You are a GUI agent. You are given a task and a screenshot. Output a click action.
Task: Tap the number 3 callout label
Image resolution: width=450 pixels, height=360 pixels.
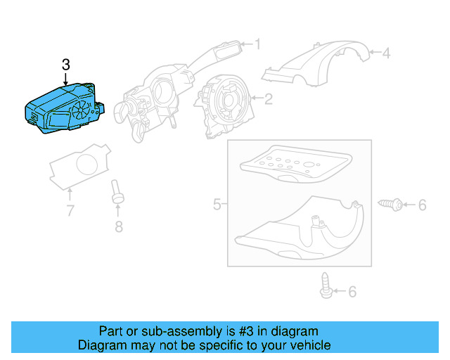[66, 65]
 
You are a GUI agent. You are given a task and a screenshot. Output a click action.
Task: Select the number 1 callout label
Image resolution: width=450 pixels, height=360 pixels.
[257, 45]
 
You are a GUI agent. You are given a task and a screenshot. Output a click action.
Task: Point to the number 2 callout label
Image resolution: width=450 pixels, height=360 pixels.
[268, 98]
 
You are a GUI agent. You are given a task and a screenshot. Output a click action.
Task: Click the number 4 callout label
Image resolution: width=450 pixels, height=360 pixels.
[385, 52]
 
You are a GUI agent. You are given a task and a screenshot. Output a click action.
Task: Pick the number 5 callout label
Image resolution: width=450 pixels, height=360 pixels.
[217, 205]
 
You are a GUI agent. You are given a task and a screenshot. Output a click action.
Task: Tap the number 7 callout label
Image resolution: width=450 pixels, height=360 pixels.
[70, 210]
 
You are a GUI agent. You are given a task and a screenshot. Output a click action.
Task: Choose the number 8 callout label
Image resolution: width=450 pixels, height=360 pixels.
[118, 226]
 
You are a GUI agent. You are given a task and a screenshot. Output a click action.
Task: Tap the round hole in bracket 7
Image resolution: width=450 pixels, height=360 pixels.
[88, 167]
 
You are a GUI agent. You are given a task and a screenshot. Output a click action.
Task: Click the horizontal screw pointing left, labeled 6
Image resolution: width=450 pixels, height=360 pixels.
[391, 204]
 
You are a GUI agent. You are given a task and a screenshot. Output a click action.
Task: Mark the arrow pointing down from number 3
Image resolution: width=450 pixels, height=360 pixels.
[66, 79]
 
